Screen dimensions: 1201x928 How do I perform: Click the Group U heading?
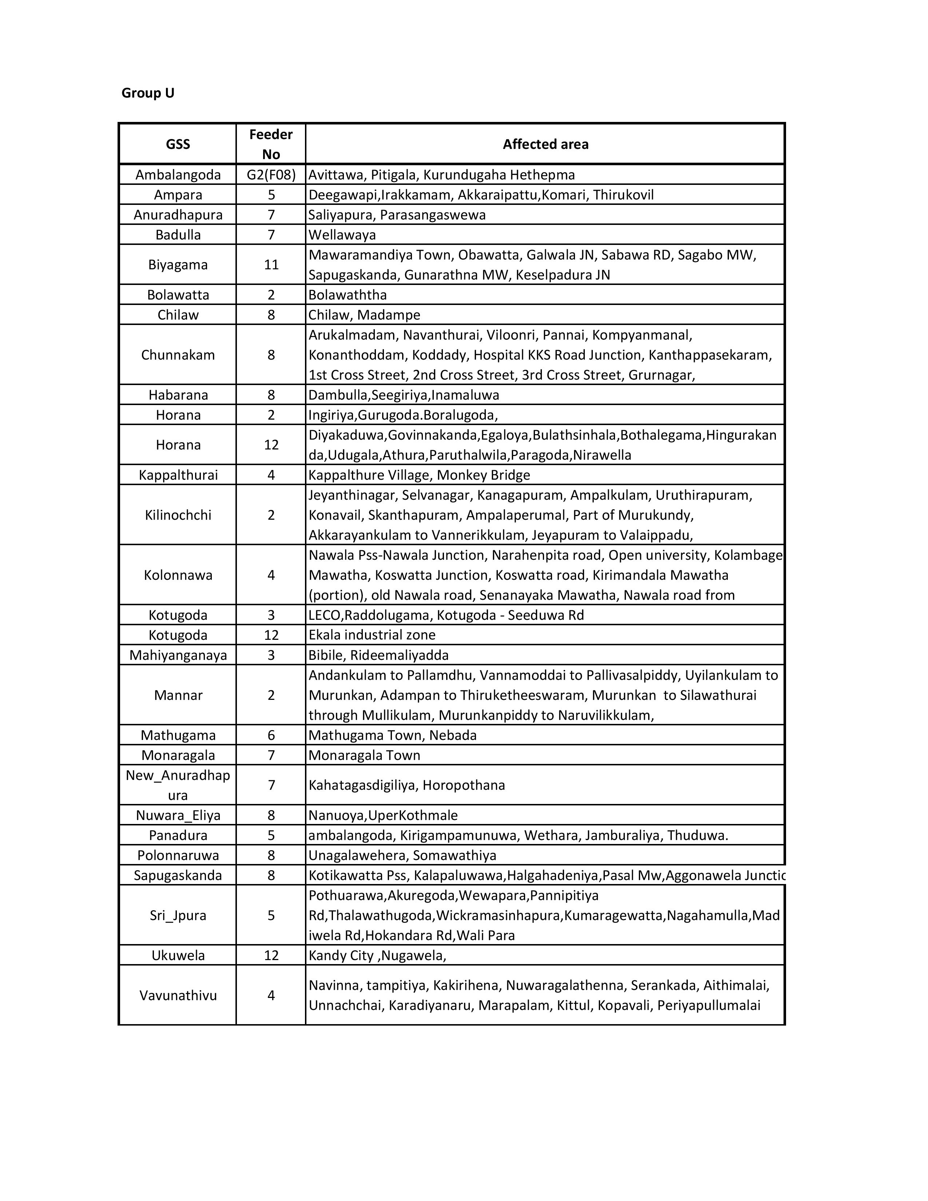tap(147, 93)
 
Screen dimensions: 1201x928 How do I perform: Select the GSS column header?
tap(178, 144)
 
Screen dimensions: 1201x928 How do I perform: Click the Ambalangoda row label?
tap(178, 175)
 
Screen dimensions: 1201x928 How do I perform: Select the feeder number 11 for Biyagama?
tap(271, 265)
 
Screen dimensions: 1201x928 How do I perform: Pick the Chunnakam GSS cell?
tap(178, 355)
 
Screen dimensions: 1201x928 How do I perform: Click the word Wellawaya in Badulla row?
tap(342, 235)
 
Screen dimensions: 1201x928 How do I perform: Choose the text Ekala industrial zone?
tap(372, 635)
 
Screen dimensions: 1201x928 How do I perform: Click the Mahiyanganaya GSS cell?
tap(178, 655)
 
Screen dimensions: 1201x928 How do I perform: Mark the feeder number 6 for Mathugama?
tap(271, 735)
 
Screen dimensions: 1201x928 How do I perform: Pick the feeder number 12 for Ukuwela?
tap(271, 955)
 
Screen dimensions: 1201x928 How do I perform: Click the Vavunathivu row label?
tap(178, 995)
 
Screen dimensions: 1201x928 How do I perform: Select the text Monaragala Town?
tap(364, 755)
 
